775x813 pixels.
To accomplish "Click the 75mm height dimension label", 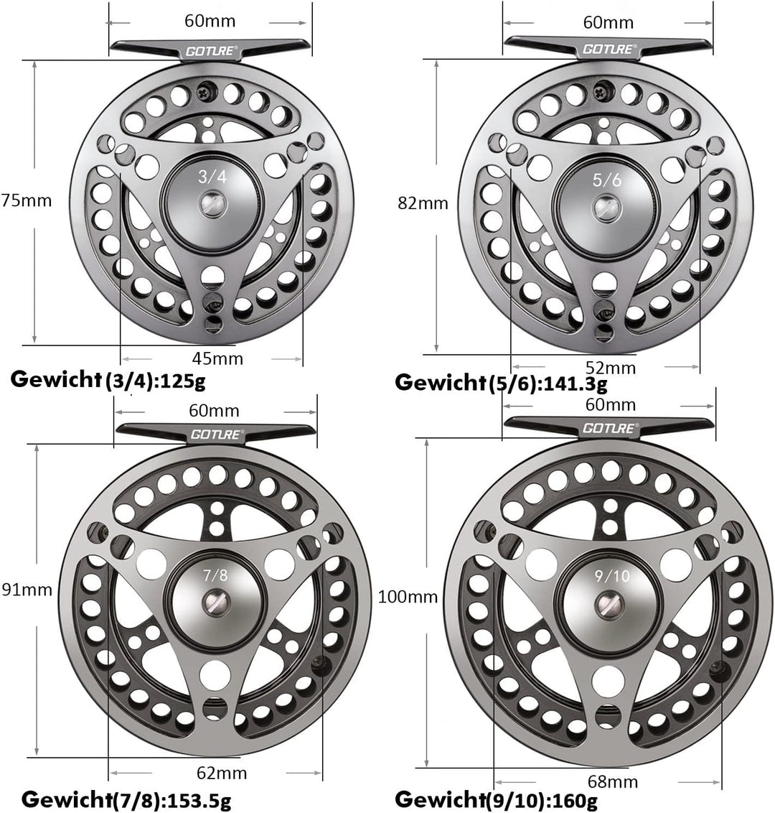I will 27,200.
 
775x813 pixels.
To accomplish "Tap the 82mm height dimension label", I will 423,203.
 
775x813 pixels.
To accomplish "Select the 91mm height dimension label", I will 27,590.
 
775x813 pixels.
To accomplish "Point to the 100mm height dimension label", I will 407,596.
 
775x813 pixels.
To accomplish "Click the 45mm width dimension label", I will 218,358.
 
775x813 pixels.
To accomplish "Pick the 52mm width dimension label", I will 611,368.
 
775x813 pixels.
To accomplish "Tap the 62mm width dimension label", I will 221,773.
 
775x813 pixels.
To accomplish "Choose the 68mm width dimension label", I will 612,781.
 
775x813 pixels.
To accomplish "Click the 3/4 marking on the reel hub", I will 213,177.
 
